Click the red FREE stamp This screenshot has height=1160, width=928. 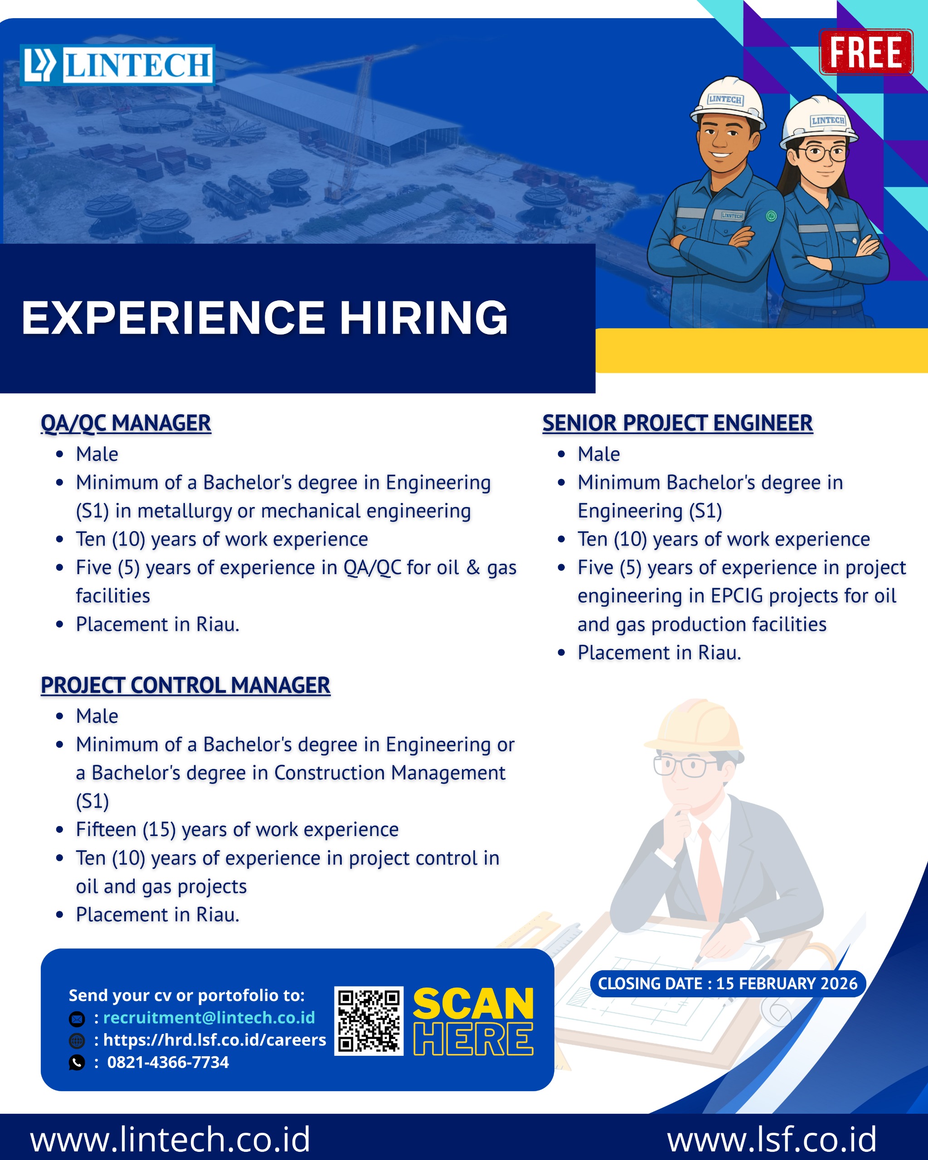click(865, 52)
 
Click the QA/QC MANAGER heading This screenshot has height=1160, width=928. click(126, 423)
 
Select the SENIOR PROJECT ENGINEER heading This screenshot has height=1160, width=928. click(677, 423)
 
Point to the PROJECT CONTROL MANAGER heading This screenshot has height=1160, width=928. click(186, 685)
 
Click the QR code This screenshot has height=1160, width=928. click(369, 1020)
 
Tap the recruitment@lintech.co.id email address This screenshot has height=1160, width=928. click(209, 1017)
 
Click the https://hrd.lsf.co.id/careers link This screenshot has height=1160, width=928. click(214, 1040)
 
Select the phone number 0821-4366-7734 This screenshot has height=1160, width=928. click(168, 1062)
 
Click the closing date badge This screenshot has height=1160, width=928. click(728, 984)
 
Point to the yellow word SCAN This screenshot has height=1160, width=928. click(473, 1004)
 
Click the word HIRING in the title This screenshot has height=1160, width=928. click(423, 318)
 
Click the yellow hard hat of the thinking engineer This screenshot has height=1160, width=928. click(695, 726)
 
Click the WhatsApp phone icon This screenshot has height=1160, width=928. click(77, 1063)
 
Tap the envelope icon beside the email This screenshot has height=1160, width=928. click(77, 1019)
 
